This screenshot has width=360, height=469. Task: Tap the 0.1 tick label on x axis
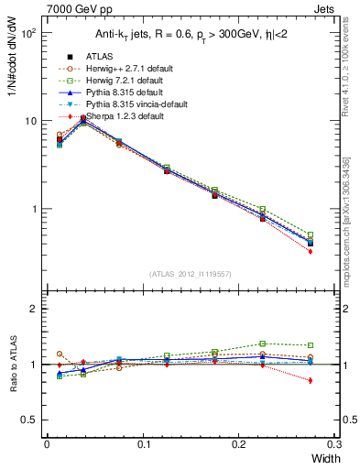click(143, 444)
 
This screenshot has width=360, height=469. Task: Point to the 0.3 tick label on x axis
click(337, 444)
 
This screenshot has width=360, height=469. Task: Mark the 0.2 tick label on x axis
click(240, 444)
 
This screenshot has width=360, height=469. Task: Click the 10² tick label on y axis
click(27, 33)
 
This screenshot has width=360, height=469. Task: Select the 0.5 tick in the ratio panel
click(29, 420)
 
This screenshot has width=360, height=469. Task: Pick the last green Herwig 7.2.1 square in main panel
click(310, 235)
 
